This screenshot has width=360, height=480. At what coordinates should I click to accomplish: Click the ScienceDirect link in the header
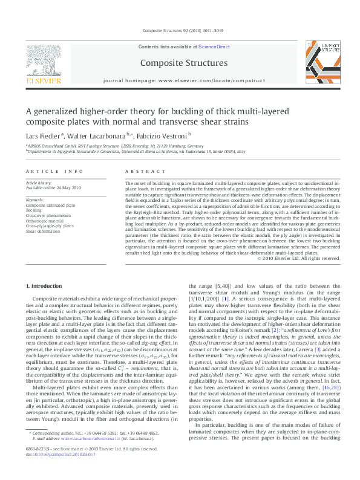tap(214, 46)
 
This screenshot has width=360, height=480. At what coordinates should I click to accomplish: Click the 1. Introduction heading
tap(45, 285)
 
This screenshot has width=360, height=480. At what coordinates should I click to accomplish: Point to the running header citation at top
tap(179, 30)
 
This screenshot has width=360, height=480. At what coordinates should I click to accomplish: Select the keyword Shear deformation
tap(43, 230)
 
